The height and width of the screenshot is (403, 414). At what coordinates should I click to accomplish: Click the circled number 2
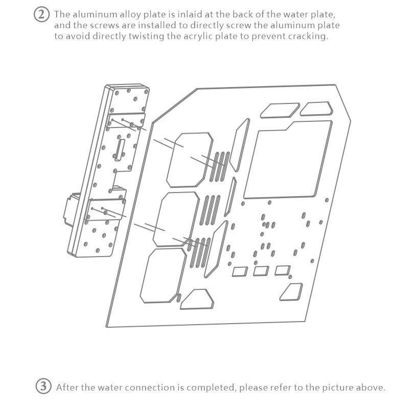pos(42,14)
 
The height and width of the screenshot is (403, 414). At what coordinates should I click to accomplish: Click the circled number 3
pos(44,387)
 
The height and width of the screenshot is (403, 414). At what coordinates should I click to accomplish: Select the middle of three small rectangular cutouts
pos(261,271)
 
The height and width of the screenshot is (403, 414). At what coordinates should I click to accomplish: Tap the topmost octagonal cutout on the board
pos(189,159)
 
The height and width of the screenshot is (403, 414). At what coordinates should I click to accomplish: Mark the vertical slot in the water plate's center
pos(121,150)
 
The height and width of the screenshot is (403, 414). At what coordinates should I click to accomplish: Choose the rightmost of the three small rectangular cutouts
pos(283,270)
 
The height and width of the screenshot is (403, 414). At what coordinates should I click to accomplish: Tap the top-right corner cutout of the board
pos(316,109)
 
